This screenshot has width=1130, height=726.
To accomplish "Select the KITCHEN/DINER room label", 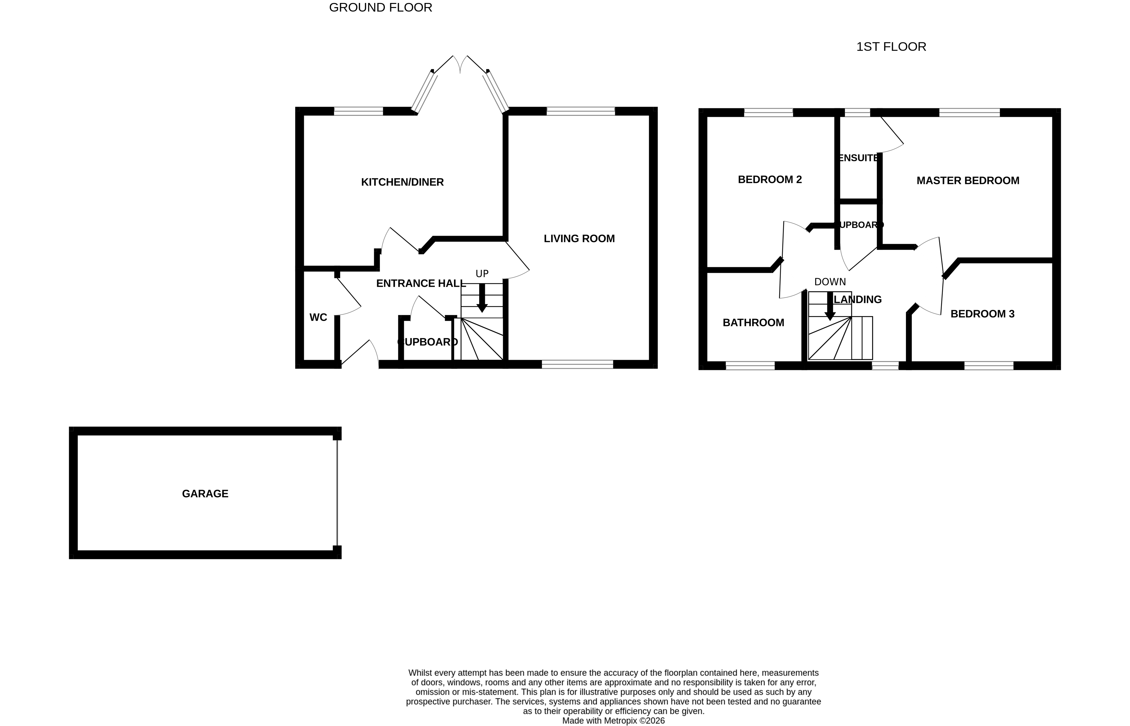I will pyautogui.click(x=402, y=182).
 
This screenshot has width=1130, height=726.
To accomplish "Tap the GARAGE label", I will pyautogui.click(x=205, y=493).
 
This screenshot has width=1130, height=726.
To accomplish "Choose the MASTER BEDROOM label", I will pyautogui.click(x=967, y=181).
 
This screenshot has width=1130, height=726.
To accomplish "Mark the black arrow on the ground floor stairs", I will pyautogui.click(x=482, y=298).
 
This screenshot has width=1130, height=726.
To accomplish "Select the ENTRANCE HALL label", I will pyautogui.click(x=421, y=283).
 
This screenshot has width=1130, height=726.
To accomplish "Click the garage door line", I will pyautogui.click(x=337, y=493).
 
